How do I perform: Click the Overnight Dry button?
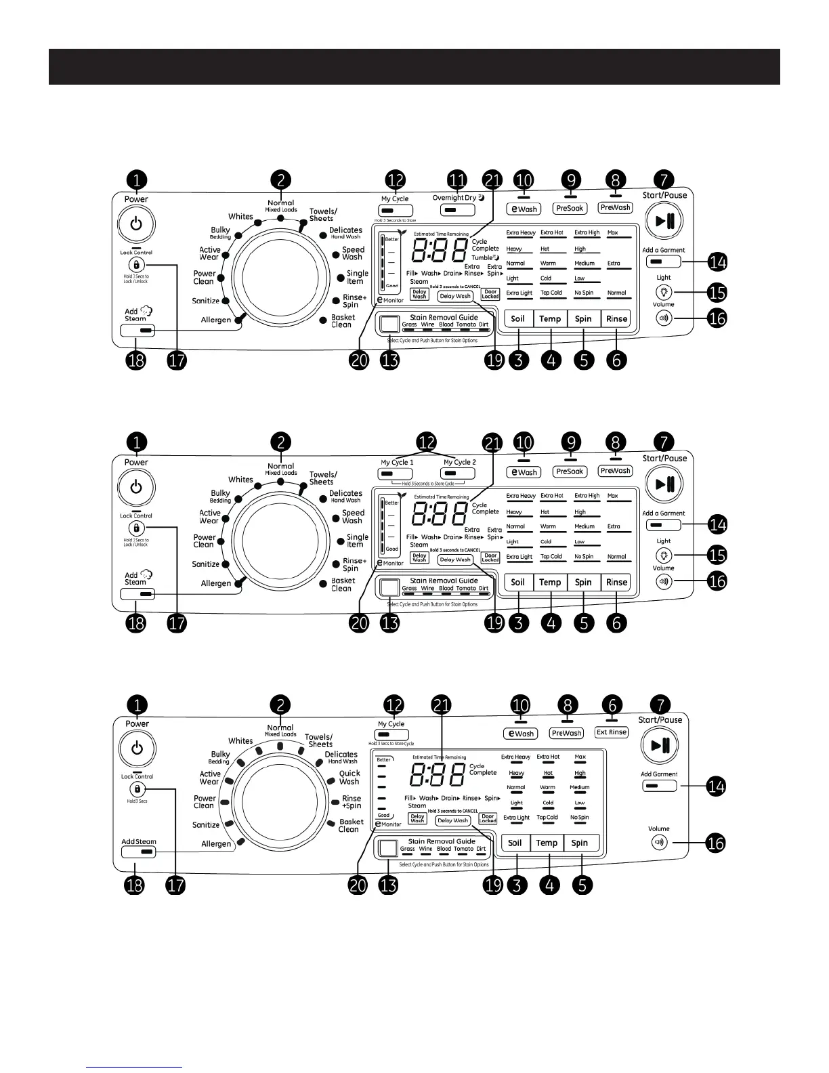(x=448, y=211)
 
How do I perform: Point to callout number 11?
(x=458, y=180)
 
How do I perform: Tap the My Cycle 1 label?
(x=397, y=462)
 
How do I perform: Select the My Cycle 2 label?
(x=460, y=462)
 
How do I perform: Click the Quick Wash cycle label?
(x=349, y=778)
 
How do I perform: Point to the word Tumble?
(x=482, y=257)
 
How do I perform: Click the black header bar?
(x=414, y=66)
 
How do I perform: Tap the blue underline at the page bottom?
(x=134, y=1067)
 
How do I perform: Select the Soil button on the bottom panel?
(x=515, y=843)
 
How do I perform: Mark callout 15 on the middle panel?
(x=717, y=555)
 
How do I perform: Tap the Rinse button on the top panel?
(x=616, y=319)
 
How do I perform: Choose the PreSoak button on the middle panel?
(x=570, y=471)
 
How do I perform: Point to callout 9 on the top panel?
(x=572, y=180)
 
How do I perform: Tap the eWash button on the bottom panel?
(x=521, y=734)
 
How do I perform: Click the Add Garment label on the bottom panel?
(x=659, y=774)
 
